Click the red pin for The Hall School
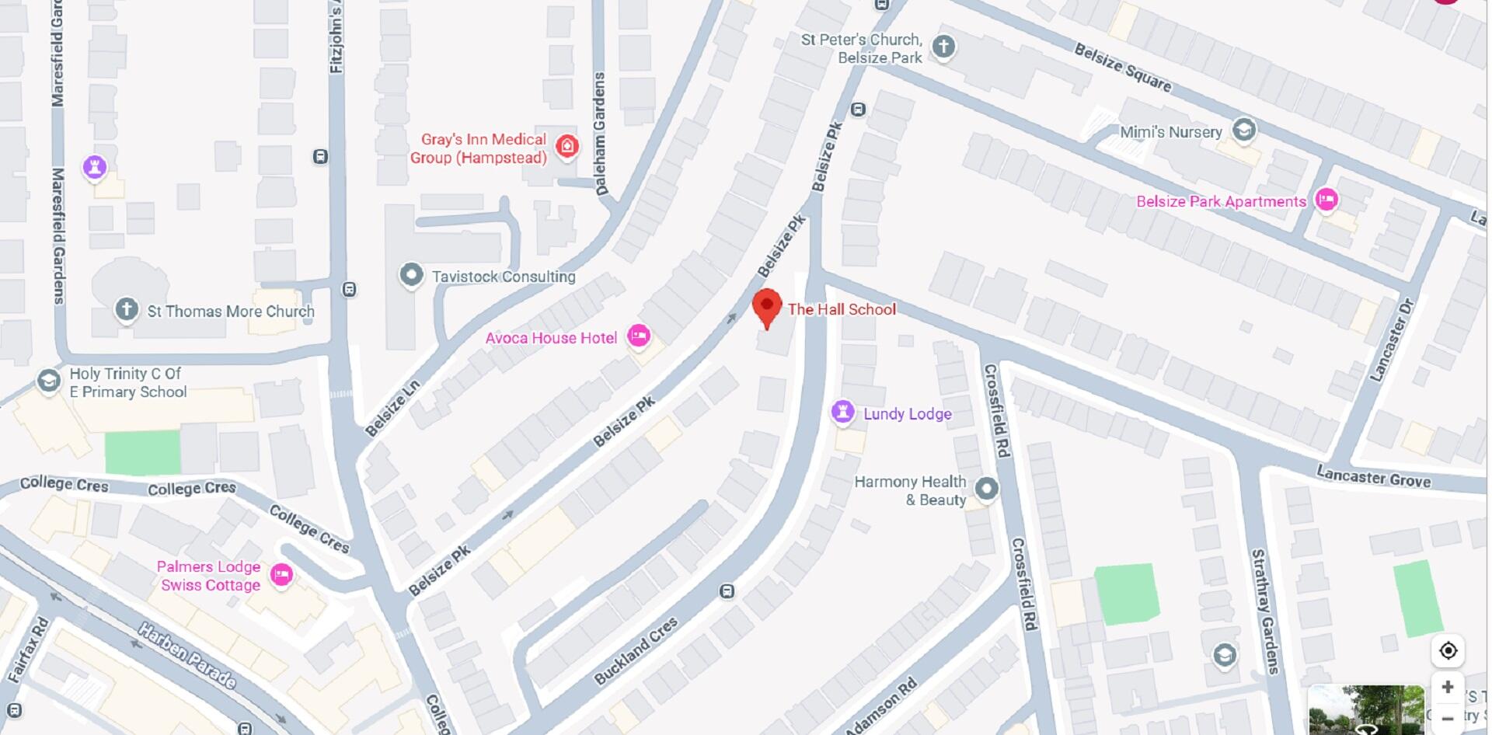coord(767,307)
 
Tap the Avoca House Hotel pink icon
coord(639,336)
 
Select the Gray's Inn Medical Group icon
coord(567,146)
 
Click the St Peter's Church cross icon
coord(943,47)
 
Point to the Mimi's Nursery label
coord(1170,132)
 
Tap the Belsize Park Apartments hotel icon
coord(1326,200)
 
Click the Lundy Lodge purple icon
coord(843,412)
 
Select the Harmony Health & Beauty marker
coord(987,489)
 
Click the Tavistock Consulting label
coord(504,277)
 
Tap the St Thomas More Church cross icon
coord(127,310)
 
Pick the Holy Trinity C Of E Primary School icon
coord(49,381)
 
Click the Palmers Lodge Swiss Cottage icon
coord(281,575)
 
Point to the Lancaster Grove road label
coord(1373,475)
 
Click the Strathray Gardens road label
coord(1265,611)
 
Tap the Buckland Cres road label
coord(636,651)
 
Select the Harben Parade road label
coord(186,655)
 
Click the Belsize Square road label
coord(1123,67)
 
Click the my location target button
coord(1448,650)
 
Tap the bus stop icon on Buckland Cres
coord(727,592)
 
